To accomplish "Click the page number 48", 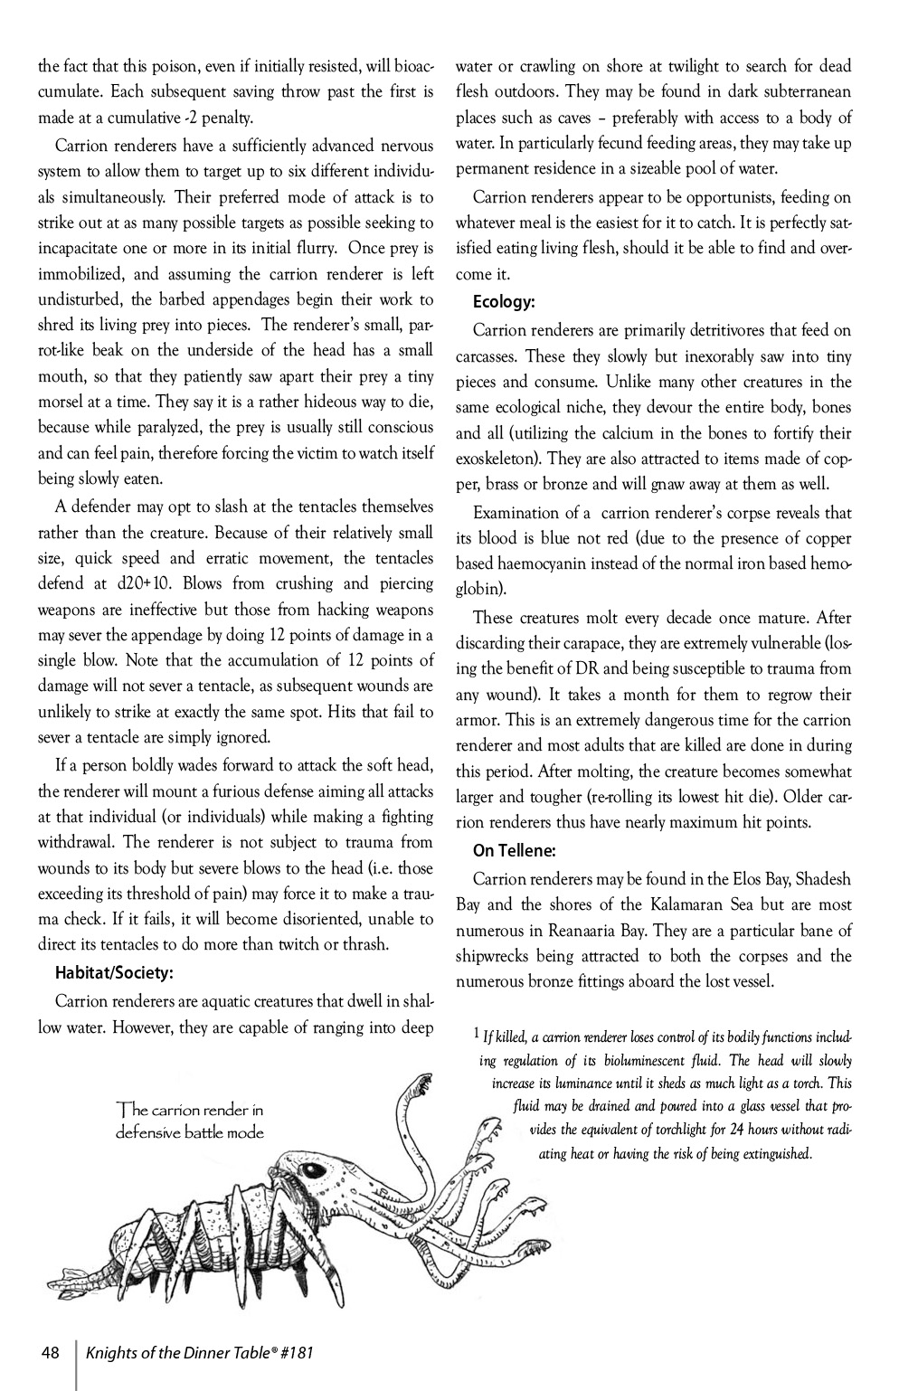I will (x=50, y=1353).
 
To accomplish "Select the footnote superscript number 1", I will (x=477, y=1031).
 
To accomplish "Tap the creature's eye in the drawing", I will (x=317, y=1171).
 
